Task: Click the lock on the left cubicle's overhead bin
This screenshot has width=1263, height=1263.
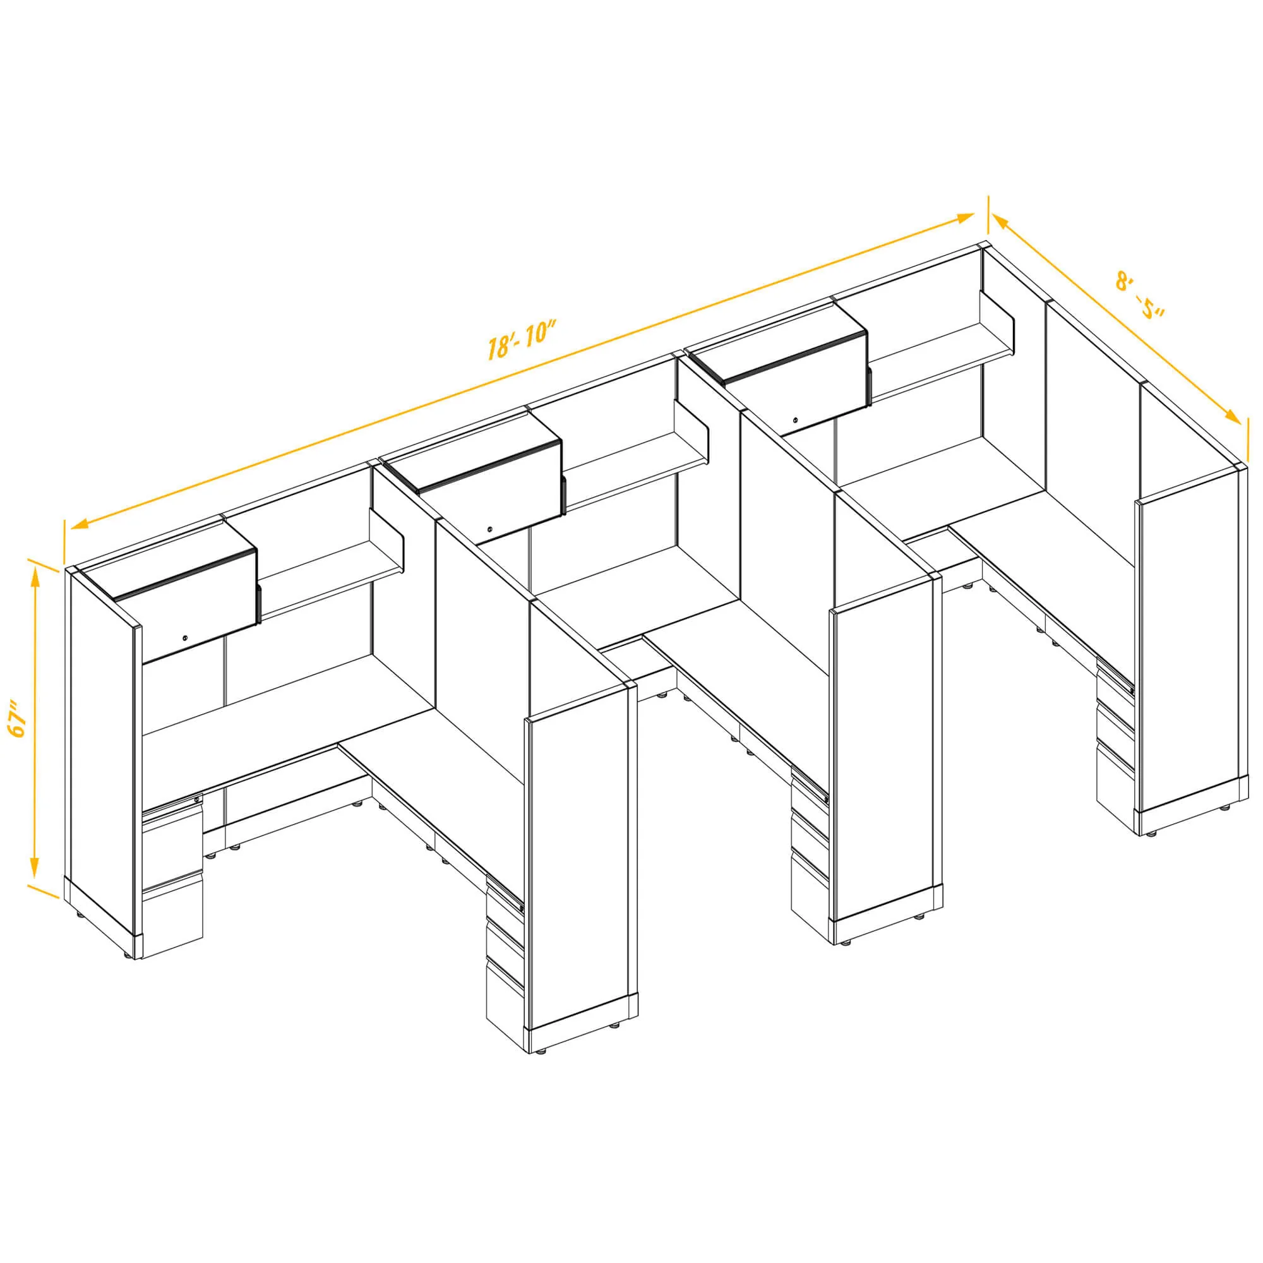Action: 186,637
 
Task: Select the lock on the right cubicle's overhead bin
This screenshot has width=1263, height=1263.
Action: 795,419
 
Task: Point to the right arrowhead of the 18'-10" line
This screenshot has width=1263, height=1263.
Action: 966,218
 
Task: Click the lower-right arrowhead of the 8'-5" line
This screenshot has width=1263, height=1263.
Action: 1232,416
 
